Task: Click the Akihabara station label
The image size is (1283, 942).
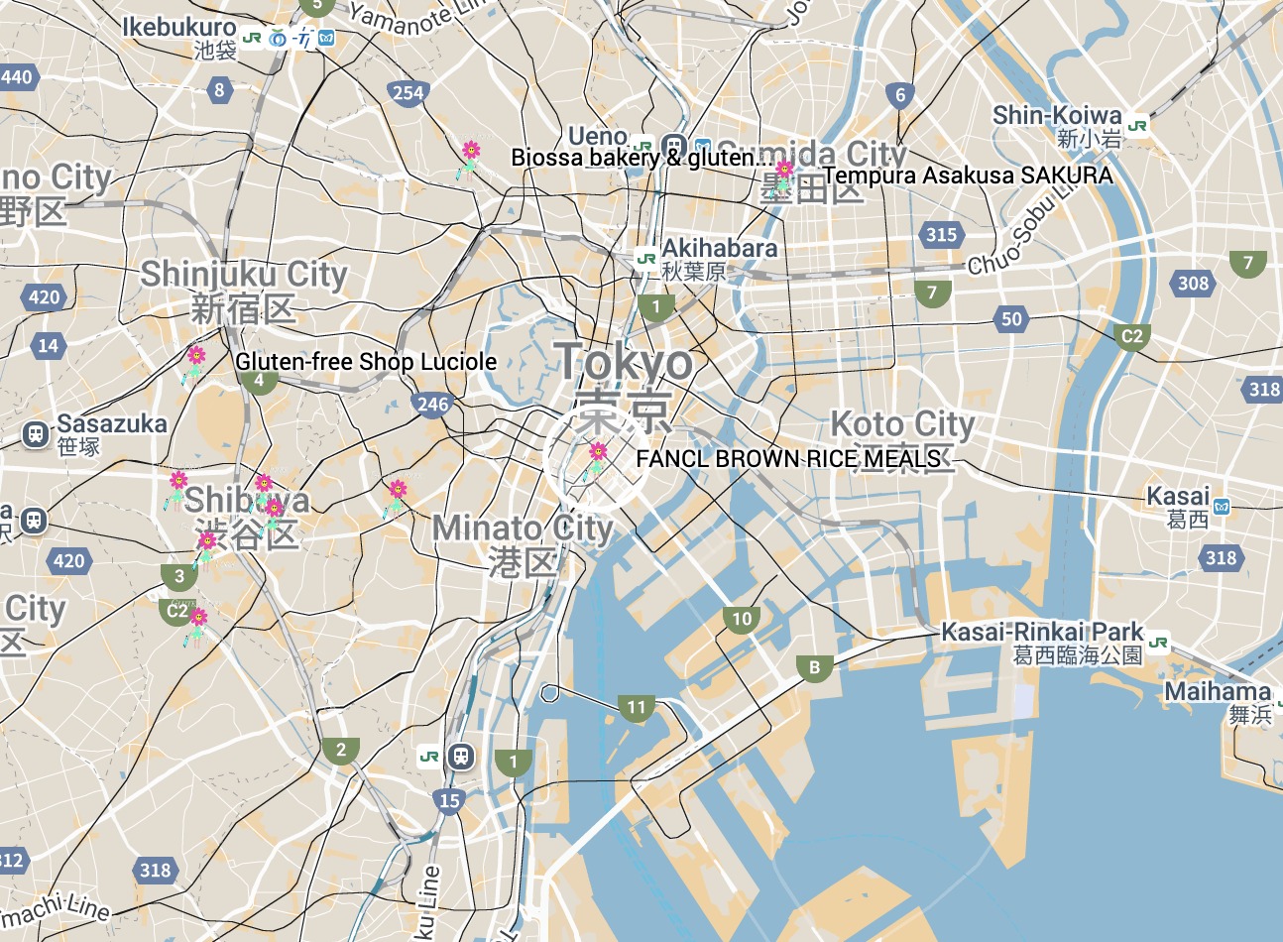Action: coord(719,248)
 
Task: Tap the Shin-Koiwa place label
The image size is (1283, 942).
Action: coord(1057,116)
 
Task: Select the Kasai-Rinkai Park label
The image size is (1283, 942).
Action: coord(1041,633)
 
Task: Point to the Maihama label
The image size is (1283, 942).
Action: coord(1217,692)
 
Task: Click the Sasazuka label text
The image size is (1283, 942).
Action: coord(112,424)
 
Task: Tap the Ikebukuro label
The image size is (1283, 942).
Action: coord(179,28)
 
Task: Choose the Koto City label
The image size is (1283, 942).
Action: coord(902,424)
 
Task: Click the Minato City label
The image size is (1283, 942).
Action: coord(523,529)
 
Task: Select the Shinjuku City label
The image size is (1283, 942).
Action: coord(244,275)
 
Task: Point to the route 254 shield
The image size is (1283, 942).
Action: coord(408,93)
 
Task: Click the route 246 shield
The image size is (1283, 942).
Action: coord(432,404)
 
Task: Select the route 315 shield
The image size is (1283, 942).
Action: coord(941,235)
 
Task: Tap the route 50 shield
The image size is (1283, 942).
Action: coord(1010,319)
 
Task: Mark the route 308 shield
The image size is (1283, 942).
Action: coord(1193,284)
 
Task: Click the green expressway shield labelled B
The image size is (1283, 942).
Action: coord(815,668)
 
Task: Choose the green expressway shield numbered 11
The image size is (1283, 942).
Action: coord(636,708)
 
